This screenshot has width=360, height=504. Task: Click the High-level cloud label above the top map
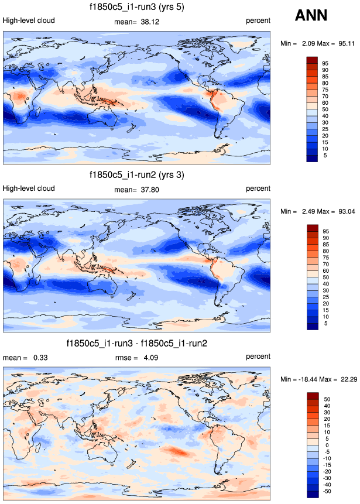point(29,20)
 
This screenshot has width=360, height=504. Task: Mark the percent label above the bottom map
point(258,356)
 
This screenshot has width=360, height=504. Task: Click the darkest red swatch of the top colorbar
point(311,60)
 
